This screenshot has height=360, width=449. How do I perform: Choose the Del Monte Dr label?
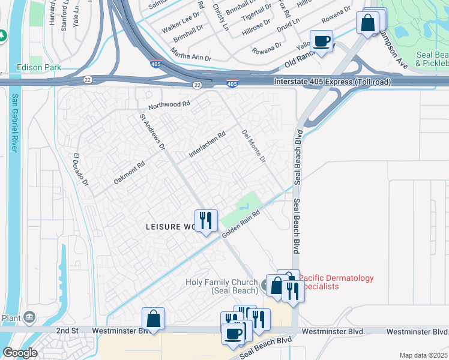point(253,146)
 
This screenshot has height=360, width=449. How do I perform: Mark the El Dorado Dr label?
point(81,170)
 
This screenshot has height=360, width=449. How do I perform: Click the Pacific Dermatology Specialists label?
point(336,282)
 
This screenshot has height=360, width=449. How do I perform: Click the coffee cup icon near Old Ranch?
point(321,41)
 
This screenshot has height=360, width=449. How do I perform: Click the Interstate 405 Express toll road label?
point(332,82)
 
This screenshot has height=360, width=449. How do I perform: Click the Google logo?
point(20,352)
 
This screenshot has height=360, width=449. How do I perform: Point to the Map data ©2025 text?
point(423,355)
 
